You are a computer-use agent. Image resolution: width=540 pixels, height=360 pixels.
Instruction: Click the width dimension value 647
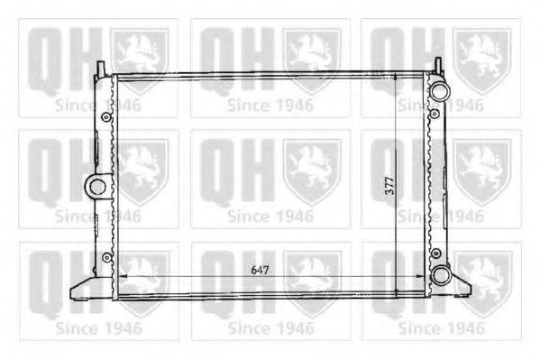260,270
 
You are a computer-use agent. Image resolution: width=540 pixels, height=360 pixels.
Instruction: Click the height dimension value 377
389,186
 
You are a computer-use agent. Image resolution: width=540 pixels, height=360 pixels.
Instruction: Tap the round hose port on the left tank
96,187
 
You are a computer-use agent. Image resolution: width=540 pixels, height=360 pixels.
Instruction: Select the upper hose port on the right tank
439,90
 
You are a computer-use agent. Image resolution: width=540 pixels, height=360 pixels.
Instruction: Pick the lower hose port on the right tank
440,275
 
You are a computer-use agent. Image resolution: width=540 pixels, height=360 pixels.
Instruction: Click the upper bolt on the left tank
106,117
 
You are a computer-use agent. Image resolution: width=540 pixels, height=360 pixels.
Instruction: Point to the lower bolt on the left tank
107,257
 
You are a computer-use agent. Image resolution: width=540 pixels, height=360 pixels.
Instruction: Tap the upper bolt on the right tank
435,114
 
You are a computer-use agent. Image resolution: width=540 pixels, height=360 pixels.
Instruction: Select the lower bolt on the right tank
435,254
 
